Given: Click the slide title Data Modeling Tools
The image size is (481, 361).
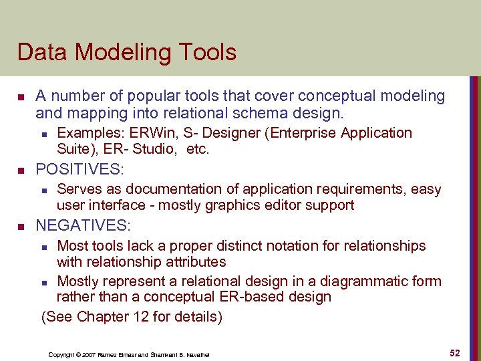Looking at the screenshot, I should pyautogui.click(x=127, y=52).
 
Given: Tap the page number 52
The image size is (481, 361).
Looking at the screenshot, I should pyautogui.click(x=454, y=353).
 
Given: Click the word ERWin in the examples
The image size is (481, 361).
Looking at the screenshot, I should pyautogui.click(x=136, y=132).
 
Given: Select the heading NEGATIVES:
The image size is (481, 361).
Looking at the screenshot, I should pyautogui.click(x=84, y=225).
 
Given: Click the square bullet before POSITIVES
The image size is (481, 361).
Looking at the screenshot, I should pyautogui.click(x=22, y=169).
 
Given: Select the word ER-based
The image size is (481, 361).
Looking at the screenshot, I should pyautogui.click(x=257, y=296).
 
